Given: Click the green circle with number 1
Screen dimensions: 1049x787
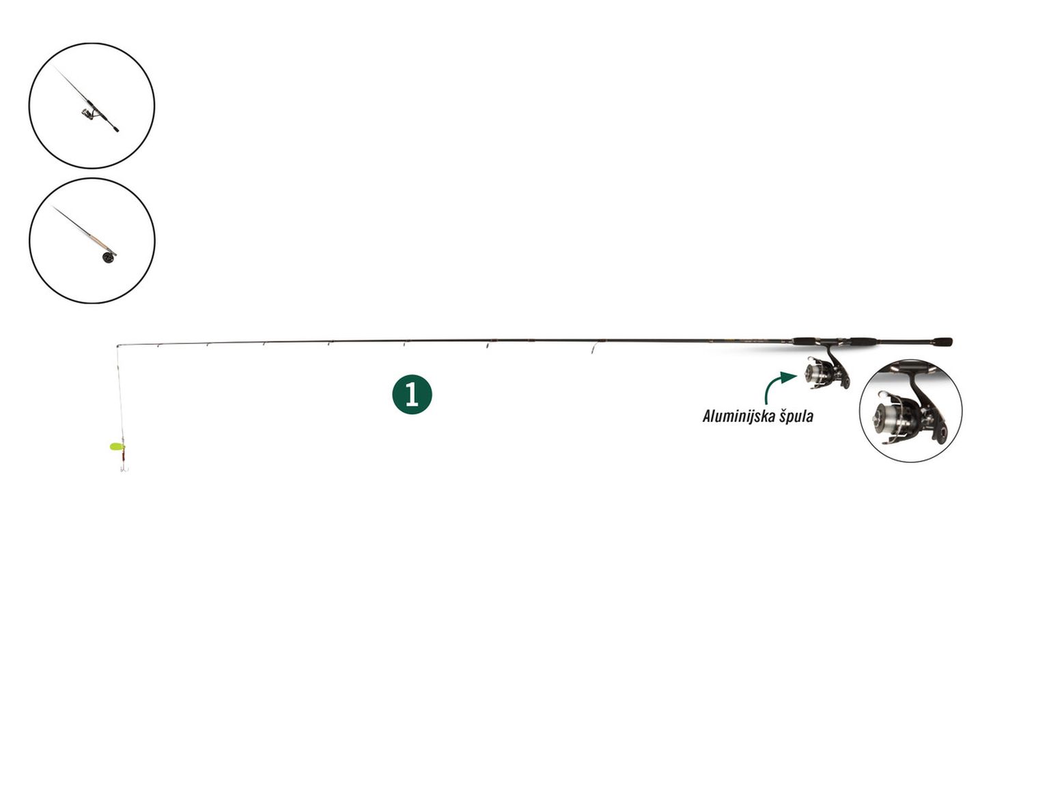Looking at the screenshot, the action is (x=412, y=394).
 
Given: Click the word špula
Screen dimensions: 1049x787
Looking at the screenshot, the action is (x=796, y=416).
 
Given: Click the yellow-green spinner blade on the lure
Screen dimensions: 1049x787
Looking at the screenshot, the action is (x=117, y=446).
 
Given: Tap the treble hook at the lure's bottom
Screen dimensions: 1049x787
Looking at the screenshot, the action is (x=124, y=468).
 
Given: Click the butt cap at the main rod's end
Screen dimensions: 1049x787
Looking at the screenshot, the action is (x=943, y=341).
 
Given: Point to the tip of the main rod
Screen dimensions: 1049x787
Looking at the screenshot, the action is (x=117, y=345).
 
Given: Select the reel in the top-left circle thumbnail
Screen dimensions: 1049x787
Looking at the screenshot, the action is (x=89, y=113).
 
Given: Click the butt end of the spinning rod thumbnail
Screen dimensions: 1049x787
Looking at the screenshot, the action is (x=116, y=129).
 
